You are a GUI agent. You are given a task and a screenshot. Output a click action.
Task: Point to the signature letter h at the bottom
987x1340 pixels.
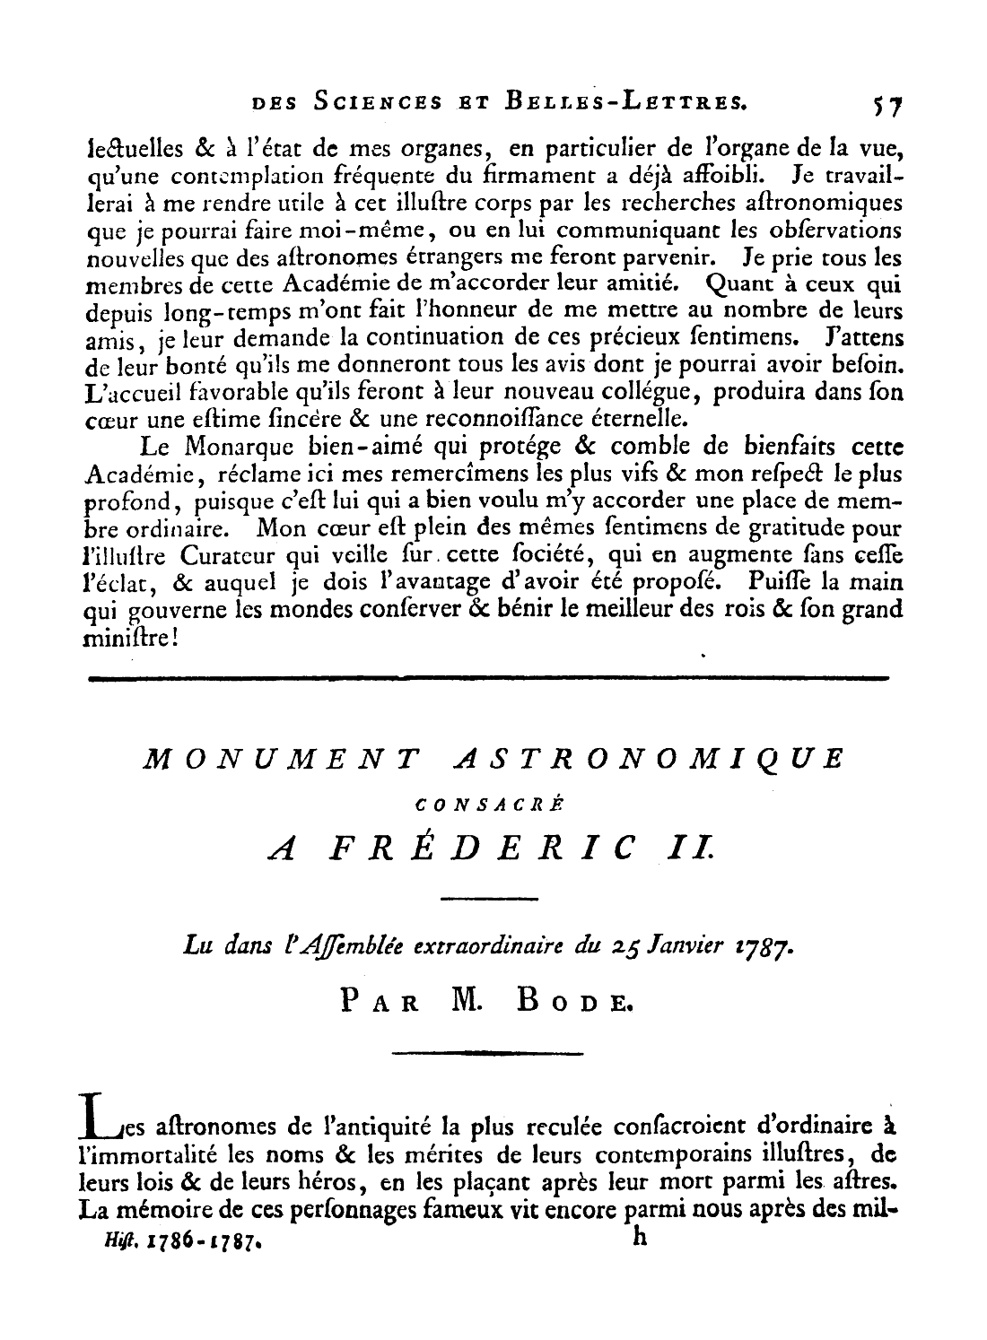(639, 1238)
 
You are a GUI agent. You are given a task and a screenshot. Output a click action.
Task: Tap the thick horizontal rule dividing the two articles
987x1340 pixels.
(488, 677)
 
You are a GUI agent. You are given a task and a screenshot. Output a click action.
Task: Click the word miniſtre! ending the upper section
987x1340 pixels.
(133, 639)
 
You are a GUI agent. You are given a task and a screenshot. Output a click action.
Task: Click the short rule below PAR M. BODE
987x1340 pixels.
(488, 1052)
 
